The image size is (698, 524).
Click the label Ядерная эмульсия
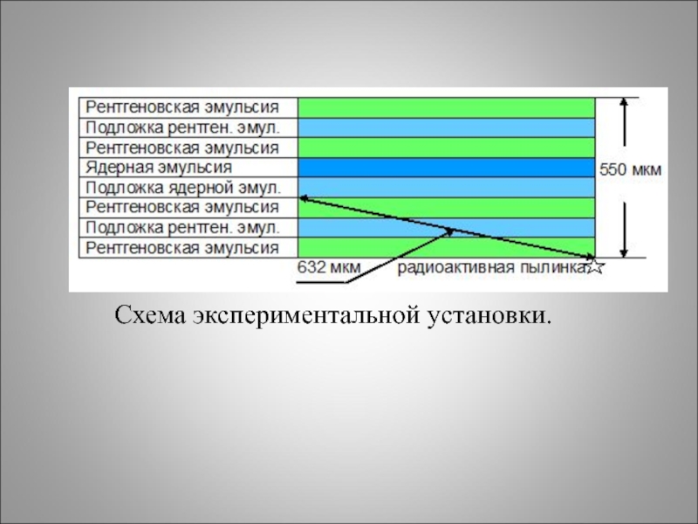coord(159,167)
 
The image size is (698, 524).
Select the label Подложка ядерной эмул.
coord(183,187)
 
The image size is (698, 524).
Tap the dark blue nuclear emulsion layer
coord(446,167)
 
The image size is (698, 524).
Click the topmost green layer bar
coord(446,107)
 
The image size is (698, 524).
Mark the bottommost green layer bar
coord(446,248)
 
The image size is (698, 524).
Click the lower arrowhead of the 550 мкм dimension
coord(624,252)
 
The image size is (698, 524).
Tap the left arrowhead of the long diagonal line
coord(303,199)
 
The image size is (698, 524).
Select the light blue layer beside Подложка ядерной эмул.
coord(446,187)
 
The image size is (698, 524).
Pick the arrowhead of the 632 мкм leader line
coord(451,231)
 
